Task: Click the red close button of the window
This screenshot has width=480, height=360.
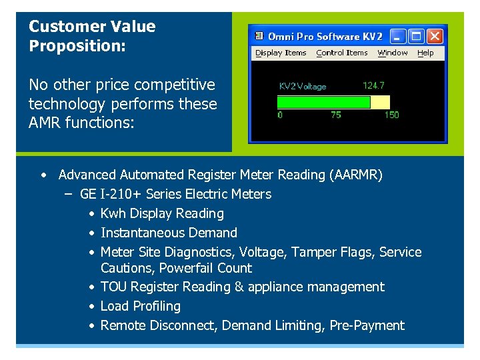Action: pos(434,36)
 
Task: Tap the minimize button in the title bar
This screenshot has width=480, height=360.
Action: pos(398,36)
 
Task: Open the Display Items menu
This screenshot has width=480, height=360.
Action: pos(281,53)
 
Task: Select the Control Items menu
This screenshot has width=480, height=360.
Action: pos(342,53)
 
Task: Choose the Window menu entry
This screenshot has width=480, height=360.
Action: pos(393,53)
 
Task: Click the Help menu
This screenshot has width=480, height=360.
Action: pos(425,53)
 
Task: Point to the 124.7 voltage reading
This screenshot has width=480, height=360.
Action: pos(373,85)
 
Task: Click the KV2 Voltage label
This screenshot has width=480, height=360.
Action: pos(302,86)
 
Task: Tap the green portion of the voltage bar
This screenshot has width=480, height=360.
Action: pos(323,102)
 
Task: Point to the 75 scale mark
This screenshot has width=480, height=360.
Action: pos(335,115)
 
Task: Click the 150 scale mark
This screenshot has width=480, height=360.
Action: pos(391,115)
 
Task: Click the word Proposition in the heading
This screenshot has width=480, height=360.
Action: pos(67,46)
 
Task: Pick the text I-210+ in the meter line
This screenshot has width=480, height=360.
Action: pos(120,194)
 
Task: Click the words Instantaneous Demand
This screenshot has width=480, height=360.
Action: pos(169,233)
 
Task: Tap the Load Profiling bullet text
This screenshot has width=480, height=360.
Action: pos(141,306)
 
